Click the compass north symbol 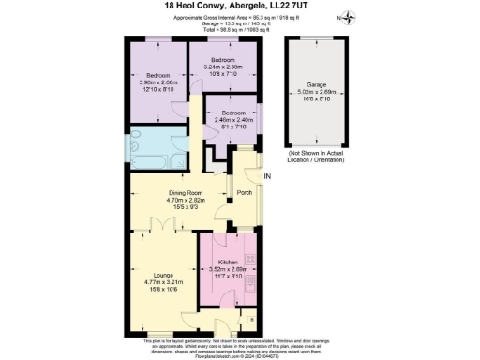pyautogui.click(x=349, y=16)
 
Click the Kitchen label pyautogui.click(x=226, y=262)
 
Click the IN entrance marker pyautogui.click(x=267, y=177)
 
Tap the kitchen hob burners pyautogui.click(x=248, y=259)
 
